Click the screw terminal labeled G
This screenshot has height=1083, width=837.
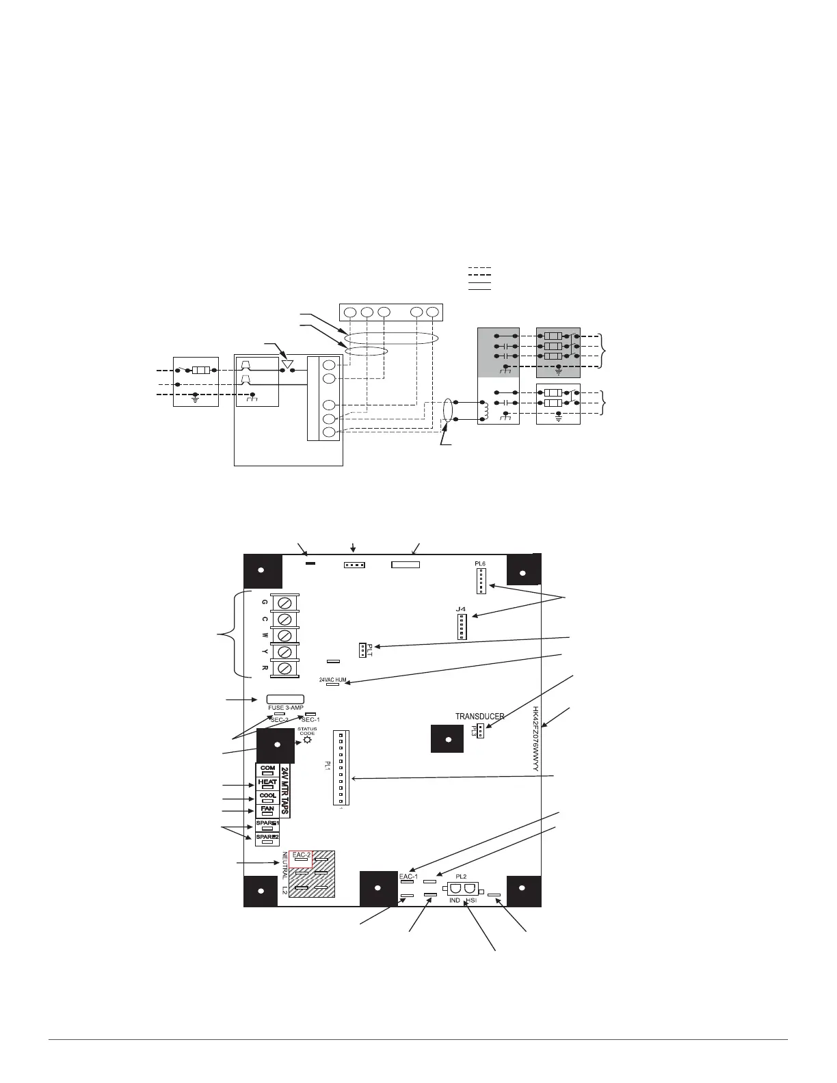[286, 602]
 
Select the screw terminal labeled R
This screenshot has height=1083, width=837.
[286, 668]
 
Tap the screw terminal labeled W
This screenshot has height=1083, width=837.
[286, 635]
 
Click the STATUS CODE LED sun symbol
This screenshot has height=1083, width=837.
[307, 740]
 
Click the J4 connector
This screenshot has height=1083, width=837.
[462, 626]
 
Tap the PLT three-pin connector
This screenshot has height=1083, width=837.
[361, 649]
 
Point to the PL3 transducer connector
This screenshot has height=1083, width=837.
[481, 731]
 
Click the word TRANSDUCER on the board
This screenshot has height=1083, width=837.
[480, 717]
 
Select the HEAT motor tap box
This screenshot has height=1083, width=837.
[267, 785]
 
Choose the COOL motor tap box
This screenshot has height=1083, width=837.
[267, 799]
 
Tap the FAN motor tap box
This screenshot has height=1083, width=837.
[267, 812]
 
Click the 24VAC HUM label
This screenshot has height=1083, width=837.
[333, 680]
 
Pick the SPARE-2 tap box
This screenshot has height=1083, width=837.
[267, 839]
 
